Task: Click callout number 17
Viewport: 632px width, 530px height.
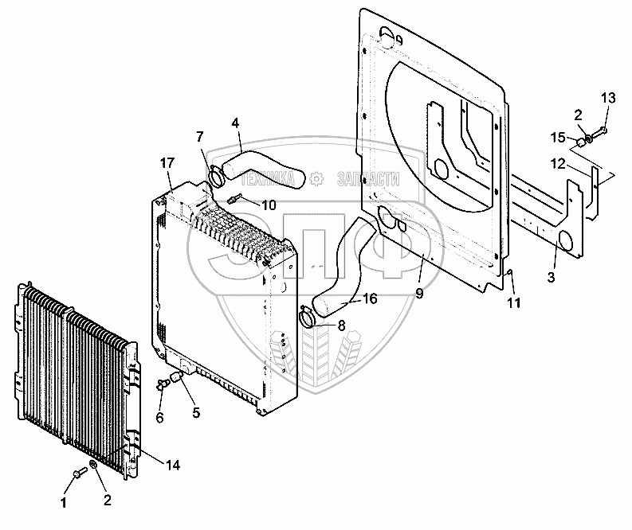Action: (x=167, y=163)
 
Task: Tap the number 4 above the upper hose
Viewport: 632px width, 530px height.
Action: (x=235, y=123)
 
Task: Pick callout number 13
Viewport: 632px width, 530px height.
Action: (x=608, y=98)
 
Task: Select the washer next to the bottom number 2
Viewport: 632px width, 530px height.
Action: (x=94, y=465)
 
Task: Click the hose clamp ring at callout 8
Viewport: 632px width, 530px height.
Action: (x=308, y=319)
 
